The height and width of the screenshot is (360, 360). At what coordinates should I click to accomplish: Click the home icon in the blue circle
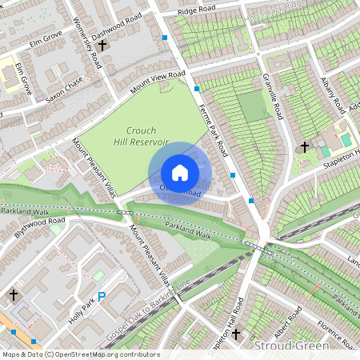180,173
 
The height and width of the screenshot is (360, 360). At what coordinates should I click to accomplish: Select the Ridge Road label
198,11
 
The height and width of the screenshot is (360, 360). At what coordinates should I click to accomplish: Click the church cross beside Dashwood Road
102,46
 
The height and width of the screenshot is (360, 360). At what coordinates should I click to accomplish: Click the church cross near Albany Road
304,146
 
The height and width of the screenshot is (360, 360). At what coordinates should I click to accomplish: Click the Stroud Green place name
291,346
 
